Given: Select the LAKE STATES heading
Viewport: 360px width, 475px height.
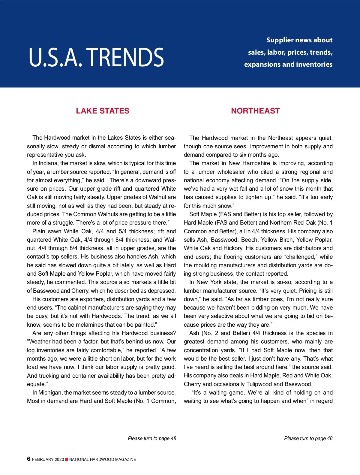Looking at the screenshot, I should [103, 111].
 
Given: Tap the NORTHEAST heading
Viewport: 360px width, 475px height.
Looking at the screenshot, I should [255, 111].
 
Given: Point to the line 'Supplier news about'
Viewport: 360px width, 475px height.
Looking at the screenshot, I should [299, 40].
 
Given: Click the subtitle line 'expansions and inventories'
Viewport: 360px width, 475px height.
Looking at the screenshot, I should [288, 64].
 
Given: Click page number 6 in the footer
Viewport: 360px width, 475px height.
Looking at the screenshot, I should [29, 459].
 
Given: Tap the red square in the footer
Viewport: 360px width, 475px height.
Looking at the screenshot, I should [67, 459].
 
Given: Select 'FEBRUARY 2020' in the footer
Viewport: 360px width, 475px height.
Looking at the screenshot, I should [48, 459].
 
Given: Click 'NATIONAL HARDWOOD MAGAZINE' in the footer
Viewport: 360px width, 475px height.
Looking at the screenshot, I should [103, 459].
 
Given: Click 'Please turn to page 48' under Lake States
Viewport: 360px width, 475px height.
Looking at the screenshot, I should [152, 438].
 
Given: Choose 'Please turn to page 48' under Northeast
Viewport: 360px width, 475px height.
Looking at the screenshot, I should [308, 438].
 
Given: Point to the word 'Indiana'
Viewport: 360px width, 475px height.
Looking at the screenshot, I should [48, 163].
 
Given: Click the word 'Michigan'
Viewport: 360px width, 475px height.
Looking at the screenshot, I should [50, 392].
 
